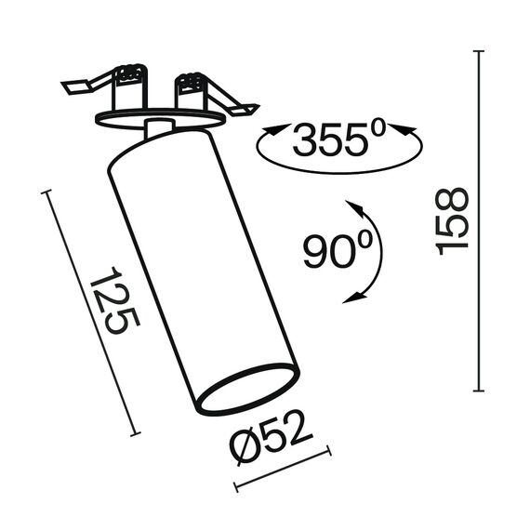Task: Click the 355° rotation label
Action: tap(339, 139)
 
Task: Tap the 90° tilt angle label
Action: tap(338, 250)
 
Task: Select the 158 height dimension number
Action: tap(452, 221)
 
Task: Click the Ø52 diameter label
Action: tap(272, 437)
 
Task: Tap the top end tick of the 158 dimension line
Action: tap(478, 51)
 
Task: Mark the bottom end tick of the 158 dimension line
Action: tap(478, 391)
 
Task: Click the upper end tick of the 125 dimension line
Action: tap(46, 192)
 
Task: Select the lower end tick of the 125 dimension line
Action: tap(136, 434)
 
